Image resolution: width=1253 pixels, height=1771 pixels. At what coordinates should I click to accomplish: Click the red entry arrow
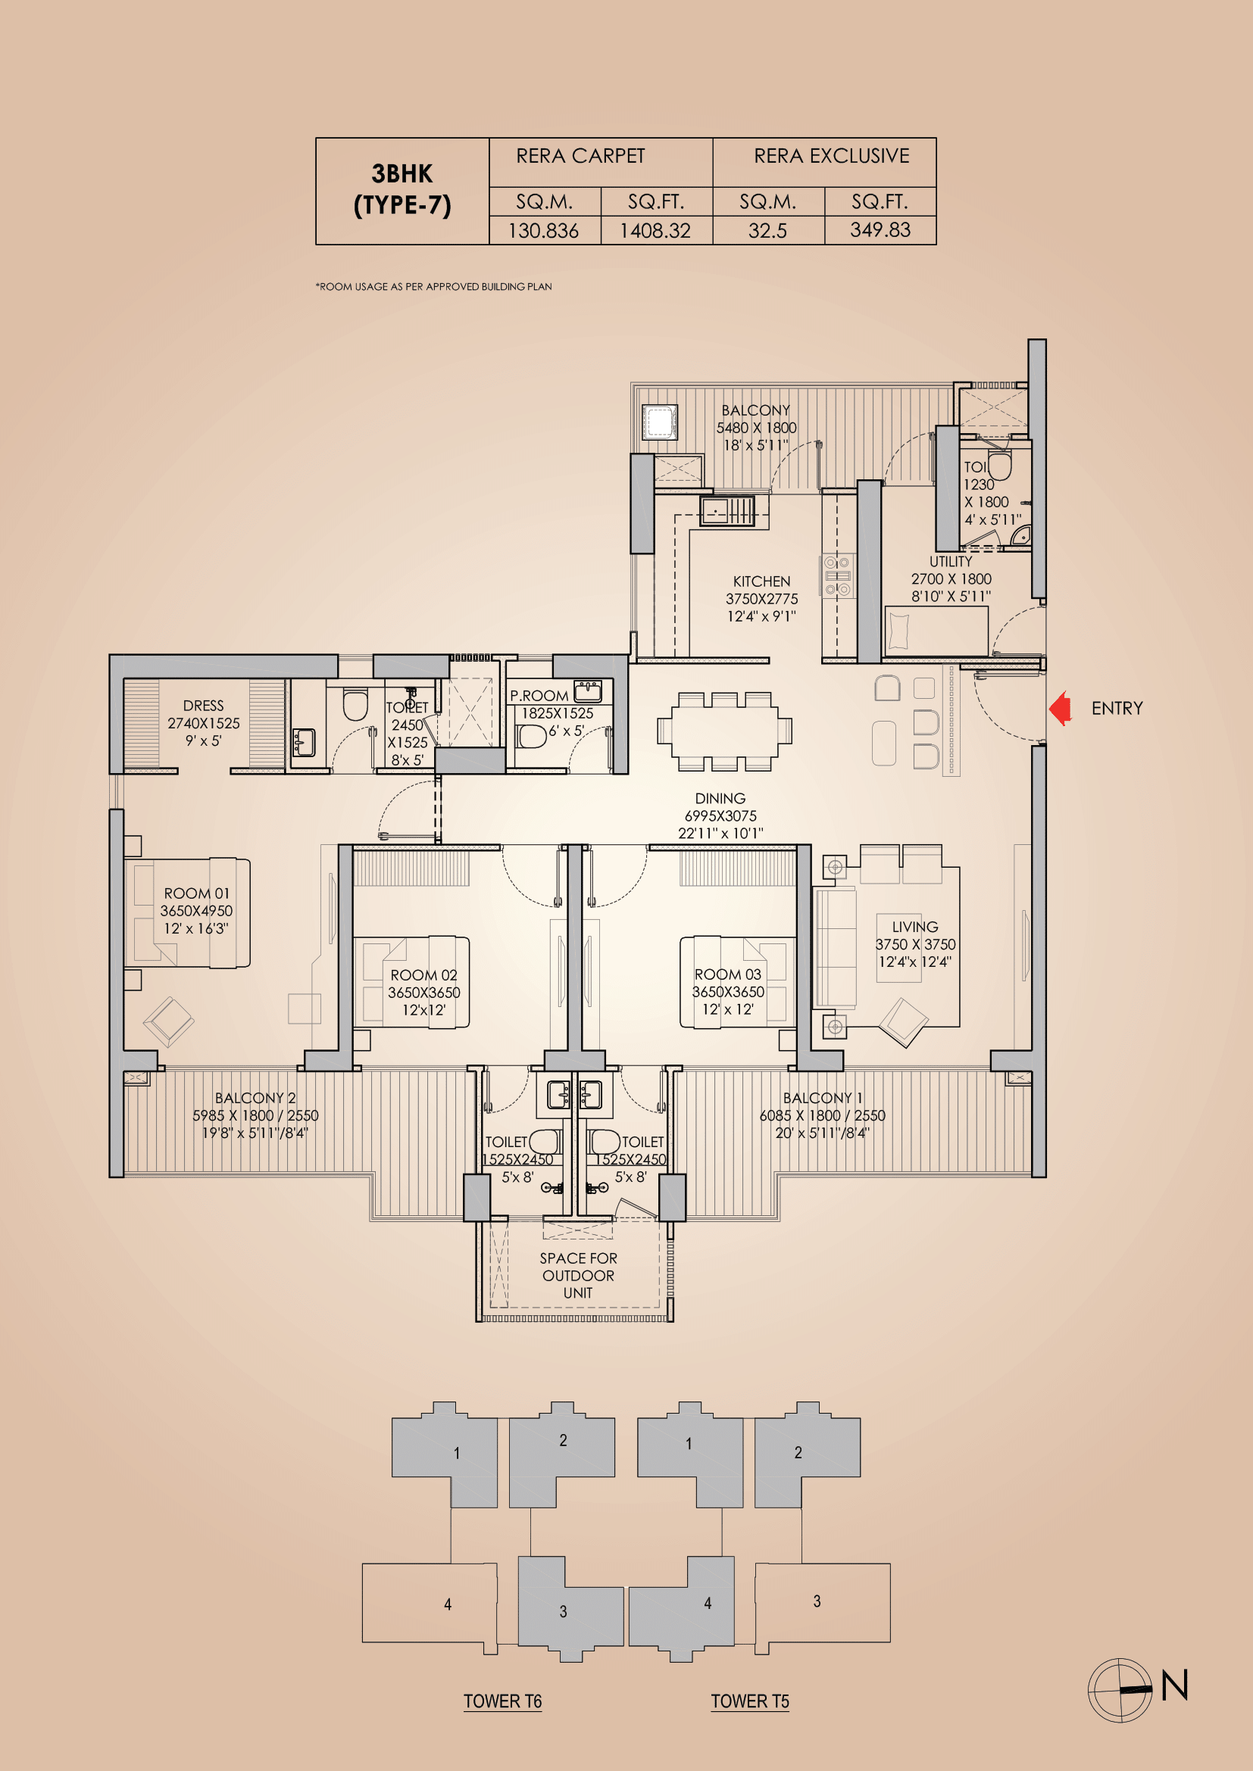pos(1061,708)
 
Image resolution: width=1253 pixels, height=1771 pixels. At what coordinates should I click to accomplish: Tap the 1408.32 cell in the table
pos(655,230)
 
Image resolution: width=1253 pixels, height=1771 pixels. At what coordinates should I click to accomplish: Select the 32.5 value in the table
pos(767,230)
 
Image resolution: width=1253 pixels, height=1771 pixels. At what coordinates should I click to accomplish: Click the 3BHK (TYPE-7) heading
pos(402,189)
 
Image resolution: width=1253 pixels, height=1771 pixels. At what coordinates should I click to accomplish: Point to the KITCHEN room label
pos(761,581)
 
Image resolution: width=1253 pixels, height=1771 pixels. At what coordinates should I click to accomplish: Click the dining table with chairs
pos(723,731)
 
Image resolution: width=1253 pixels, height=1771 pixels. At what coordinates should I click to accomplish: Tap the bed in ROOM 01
pos(187,912)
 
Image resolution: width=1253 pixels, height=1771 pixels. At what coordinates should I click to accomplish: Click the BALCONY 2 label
pos(255,1098)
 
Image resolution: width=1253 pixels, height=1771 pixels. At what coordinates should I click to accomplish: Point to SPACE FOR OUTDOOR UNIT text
pos(578,1275)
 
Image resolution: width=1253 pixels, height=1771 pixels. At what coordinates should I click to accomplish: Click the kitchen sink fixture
pos(726,510)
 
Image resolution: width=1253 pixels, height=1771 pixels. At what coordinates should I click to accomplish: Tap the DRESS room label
pos(204,706)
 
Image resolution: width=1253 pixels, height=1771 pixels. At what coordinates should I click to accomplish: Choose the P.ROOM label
pos(539,696)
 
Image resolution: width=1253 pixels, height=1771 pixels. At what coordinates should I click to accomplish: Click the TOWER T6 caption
pos(502,1701)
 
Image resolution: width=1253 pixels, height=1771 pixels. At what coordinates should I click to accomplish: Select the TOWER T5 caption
pos(750,1701)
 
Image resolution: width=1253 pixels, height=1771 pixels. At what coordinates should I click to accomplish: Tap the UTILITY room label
pos(951,562)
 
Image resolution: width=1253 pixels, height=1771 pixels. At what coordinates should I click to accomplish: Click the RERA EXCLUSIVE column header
pos(831,157)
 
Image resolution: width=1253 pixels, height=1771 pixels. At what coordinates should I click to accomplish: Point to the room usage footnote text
pos(433,286)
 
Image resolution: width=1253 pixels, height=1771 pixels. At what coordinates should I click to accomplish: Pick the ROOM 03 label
pos(727,974)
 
